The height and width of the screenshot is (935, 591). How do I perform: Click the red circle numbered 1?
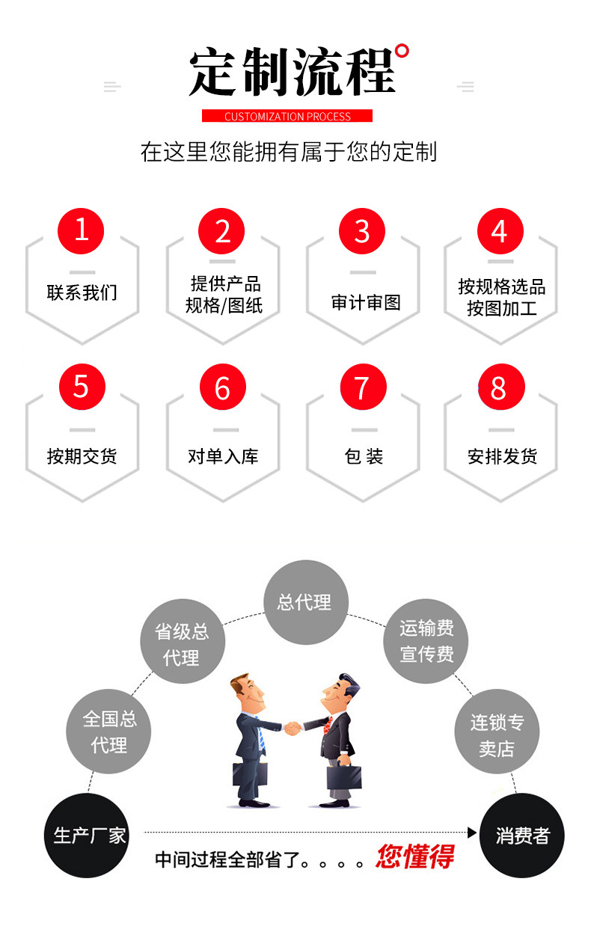(82, 230)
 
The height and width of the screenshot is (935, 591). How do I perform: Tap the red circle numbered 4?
(500, 231)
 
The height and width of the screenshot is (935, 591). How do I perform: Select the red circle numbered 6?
(223, 387)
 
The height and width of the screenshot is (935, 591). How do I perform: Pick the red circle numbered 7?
(363, 387)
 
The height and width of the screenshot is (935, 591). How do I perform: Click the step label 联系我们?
(82, 293)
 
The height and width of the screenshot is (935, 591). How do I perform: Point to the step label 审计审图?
(366, 302)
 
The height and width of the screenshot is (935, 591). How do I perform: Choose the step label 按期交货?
(82, 456)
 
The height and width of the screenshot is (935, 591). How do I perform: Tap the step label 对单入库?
(223, 456)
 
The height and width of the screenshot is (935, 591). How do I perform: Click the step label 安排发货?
(502, 456)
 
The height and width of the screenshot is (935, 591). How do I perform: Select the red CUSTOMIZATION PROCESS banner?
(287, 116)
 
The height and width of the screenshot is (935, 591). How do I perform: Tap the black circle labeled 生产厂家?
(88, 835)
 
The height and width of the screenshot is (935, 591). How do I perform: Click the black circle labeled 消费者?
(521, 835)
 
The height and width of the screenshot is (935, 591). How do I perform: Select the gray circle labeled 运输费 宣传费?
(426, 641)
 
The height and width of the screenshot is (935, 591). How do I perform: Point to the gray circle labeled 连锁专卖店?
(497, 735)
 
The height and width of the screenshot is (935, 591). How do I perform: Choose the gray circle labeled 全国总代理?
(109, 732)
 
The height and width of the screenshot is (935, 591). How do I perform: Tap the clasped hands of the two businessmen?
(293, 726)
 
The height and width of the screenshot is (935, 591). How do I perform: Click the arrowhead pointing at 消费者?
(472, 832)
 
